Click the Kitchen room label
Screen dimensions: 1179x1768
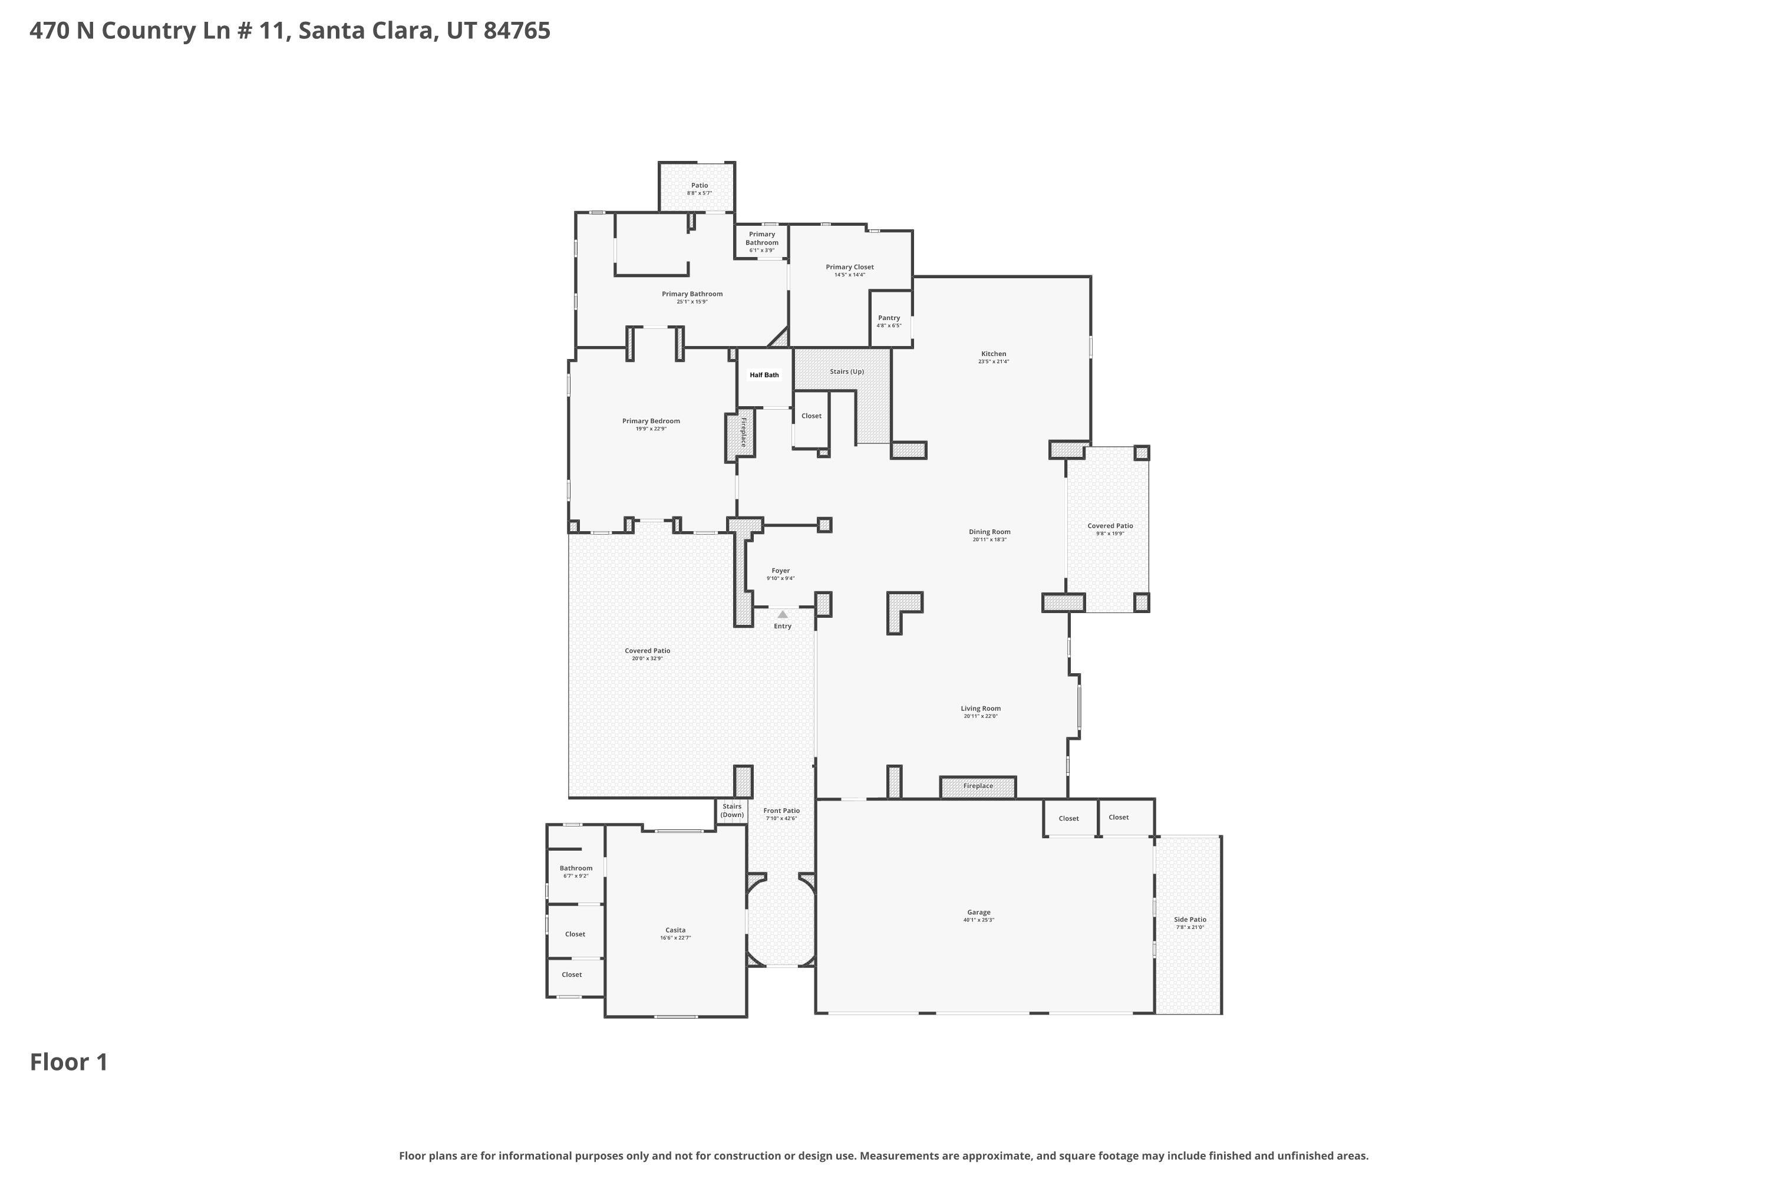click(993, 353)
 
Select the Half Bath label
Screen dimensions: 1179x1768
click(764, 375)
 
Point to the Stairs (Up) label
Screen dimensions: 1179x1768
click(846, 371)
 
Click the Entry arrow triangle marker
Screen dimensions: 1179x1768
click(783, 614)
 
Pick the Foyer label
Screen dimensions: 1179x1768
click(780, 571)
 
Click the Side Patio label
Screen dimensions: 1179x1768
click(1190, 920)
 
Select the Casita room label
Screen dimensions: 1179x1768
click(675, 930)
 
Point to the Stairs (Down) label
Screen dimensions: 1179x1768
click(731, 811)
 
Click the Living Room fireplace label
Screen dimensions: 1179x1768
click(978, 786)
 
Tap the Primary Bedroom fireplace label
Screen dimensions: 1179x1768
click(743, 432)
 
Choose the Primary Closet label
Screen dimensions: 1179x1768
click(849, 267)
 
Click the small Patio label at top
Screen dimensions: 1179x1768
click(699, 185)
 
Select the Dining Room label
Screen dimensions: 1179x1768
click(989, 532)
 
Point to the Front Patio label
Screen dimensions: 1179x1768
click(781, 811)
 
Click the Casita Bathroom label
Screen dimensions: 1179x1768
click(576, 868)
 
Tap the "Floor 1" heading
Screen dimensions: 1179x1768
click(69, 1062)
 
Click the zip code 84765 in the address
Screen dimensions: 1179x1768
click(517, 31)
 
